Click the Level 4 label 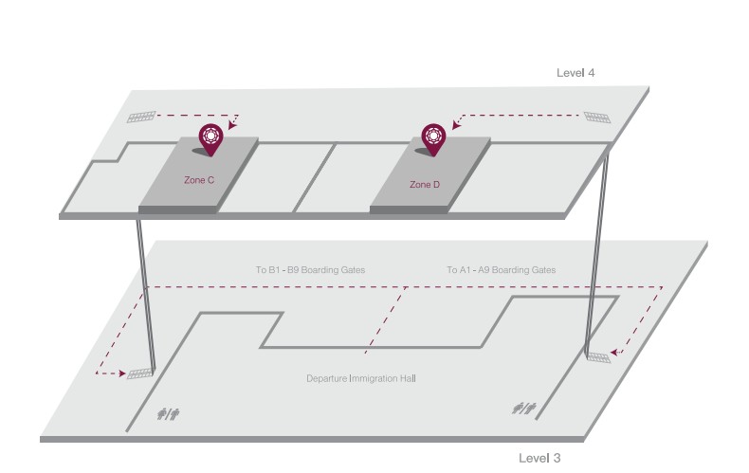(575, 73)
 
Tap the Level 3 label (539, 458)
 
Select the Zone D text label (424, 184)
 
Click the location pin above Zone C (210, 138)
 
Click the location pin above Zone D (434, 138)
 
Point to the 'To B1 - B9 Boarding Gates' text (310, 270)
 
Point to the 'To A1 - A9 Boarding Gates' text (501, 270)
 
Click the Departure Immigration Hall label (361, 378)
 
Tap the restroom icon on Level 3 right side (524, 408)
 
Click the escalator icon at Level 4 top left (141, 118)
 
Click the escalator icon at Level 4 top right (596, 117)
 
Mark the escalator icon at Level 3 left (140, 373)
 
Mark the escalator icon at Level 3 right (599, 356)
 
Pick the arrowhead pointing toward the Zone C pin (232, 122)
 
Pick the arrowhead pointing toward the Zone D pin (457, 124)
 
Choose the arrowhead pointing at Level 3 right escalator (616, 353)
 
